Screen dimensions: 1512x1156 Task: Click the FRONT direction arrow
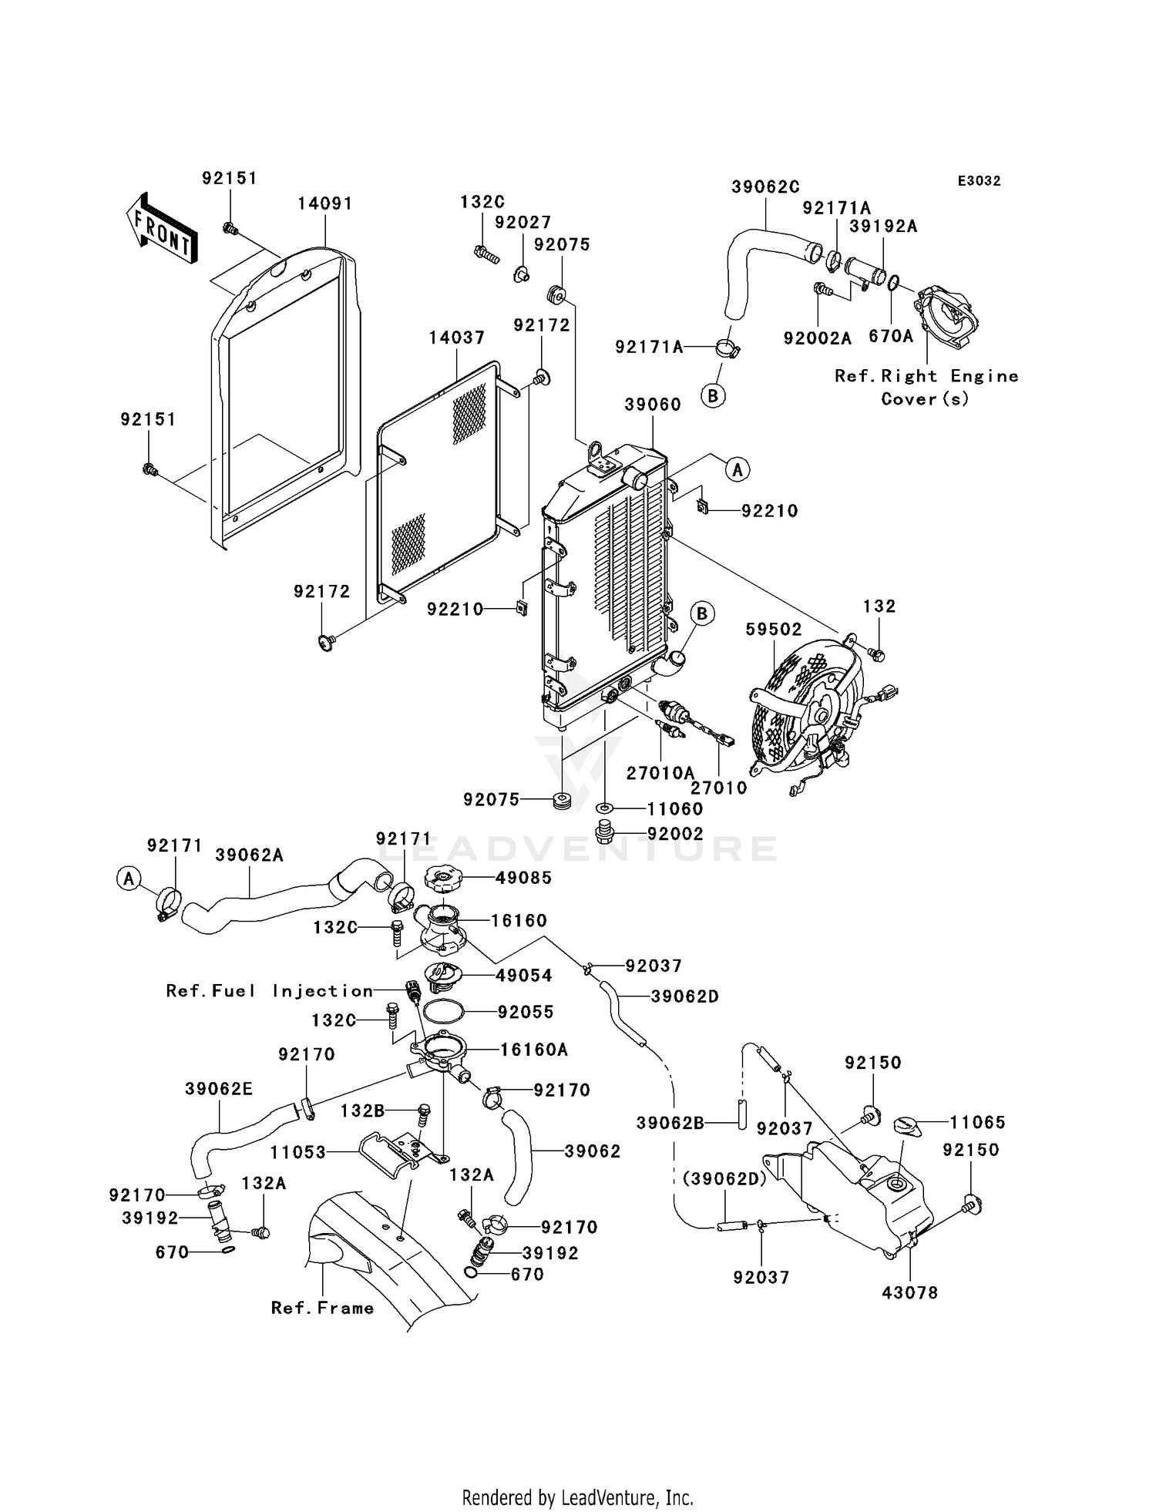(x=160, y=229)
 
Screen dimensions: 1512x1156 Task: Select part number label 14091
(x=324, y=203)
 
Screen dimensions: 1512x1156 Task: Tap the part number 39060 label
(x=652, y=405)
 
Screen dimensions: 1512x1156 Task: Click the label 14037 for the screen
(x=457, y=338)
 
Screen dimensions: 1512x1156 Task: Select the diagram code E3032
(x=979, y=181)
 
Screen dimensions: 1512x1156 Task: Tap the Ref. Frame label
(x=322, y=1308)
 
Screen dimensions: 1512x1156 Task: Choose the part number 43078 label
(x=909, y=1292)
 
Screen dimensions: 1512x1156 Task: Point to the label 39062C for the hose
(x=765, y=186)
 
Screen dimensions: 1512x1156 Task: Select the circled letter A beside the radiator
(x=738, y=469)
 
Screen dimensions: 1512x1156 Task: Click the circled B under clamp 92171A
(x=713, y=396)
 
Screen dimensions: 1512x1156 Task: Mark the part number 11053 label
(x=298, y=1153)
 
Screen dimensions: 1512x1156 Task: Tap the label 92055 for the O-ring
(x=526, y=1012)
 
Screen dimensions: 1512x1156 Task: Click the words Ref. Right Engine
(x=926, y=376)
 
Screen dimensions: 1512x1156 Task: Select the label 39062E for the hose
(x=218, y=1089)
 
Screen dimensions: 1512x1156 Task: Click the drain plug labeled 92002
(x=607, y=834)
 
